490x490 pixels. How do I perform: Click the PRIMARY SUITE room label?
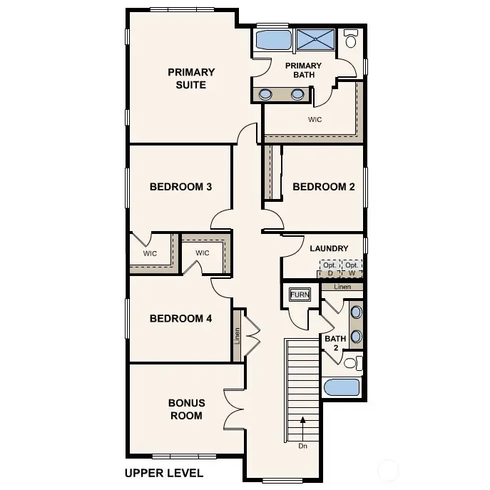tap(191, 78)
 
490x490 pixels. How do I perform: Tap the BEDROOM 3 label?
tap(180, 187)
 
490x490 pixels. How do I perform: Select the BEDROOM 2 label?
tap(323, 187)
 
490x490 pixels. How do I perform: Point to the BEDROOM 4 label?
tap(180, 318)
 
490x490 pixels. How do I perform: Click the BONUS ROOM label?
tap(185, 409)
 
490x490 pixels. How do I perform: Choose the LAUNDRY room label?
tap(329, 248)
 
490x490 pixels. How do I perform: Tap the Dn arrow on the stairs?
tap(303, 428)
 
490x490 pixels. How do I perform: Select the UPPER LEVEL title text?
tap(163, 472)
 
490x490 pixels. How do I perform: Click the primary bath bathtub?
tap(272, 40)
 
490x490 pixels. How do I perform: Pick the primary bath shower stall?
tap(315, 40)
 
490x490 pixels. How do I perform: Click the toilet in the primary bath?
tap(351, 40)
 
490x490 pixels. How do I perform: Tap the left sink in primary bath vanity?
tap(265, 93)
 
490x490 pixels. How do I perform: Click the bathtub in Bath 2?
tap(342, 387)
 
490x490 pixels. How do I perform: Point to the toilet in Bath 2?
tap(350, 363)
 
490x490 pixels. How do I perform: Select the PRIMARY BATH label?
tap(303, 71)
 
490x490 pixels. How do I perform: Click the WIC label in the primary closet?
tap(315, 119)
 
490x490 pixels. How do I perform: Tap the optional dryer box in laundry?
tap(330, 269)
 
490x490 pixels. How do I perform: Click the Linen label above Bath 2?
tap(342, 286)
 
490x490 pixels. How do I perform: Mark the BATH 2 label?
tap(335, 343)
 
